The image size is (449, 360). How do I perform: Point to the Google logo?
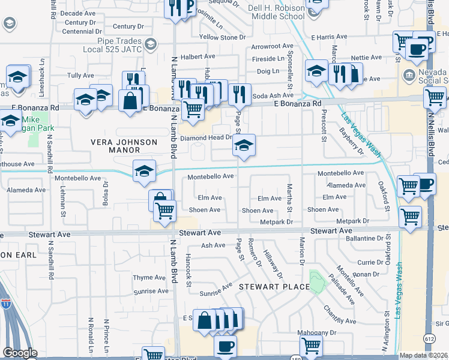tap(19, 353)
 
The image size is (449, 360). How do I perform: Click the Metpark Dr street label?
tap(276, 222)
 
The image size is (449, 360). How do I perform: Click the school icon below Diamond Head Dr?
tap(243, 146)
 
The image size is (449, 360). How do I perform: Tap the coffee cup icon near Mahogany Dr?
tap(226, 346)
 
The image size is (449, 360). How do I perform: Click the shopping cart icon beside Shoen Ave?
tap(165, 211)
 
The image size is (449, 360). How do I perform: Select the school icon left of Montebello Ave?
tap(144, 172)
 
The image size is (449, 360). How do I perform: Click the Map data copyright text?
tap(424, 355)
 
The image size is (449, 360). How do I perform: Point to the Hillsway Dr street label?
tap(273, 265)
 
